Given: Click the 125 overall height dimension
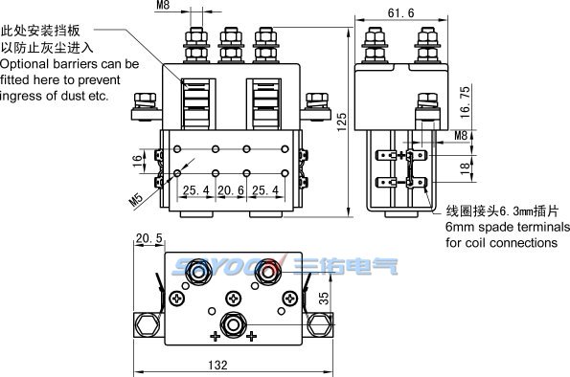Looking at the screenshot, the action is (342, 122).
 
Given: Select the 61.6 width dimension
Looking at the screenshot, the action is (400, 13).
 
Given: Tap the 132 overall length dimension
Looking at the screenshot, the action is (217, 365).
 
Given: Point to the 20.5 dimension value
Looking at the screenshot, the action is (149, 238).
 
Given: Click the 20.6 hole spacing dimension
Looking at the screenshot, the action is (231, 190).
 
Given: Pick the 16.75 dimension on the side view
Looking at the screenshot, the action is (465, 102).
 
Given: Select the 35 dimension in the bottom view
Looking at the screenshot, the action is (323, 299).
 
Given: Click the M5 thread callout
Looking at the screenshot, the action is (136, 199).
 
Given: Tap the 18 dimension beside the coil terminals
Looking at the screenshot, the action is (465, 168).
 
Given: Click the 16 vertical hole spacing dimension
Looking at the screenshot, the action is (137, 161).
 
